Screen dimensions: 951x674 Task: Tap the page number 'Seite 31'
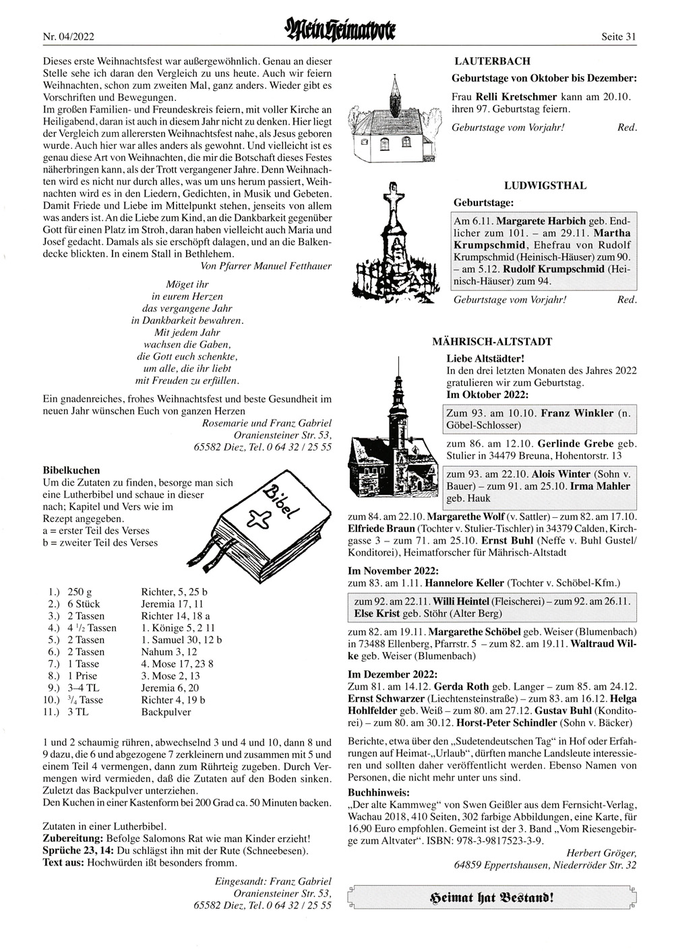(619, 37)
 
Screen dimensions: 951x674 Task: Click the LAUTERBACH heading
(492, 61)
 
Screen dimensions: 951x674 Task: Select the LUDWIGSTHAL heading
(545, 185)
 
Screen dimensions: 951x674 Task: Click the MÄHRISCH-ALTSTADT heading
(491, 342)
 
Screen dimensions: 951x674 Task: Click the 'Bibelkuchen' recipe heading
(71, 470)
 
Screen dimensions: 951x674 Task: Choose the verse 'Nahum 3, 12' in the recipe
(168, 651)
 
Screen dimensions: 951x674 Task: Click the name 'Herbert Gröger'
(601, 852)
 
